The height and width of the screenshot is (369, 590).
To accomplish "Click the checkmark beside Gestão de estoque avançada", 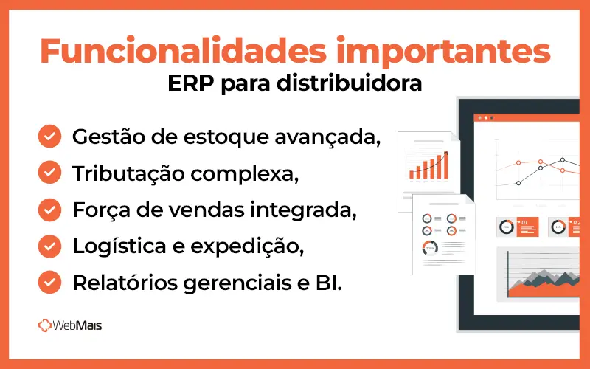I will click(49, 137).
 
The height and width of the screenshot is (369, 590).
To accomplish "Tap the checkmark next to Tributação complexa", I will click(49, 173).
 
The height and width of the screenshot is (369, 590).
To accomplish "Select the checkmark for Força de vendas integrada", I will click(49, 209).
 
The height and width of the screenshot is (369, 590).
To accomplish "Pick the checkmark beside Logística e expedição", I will click(49, 245).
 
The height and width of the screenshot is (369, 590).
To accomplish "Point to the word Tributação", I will click(122, 173).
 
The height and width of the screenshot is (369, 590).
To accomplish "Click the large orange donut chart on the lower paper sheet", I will click(429, 248).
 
